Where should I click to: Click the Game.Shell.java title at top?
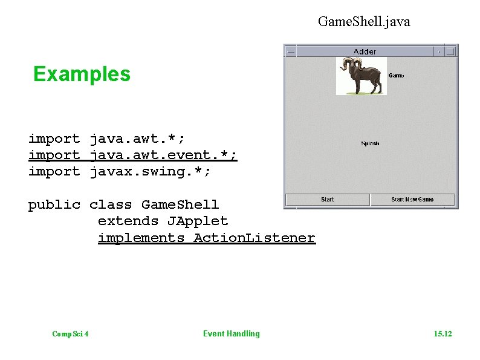(364, 22)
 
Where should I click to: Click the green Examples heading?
(82, 74)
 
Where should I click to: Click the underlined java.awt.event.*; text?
(163, 155)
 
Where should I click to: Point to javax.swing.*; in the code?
(150, 172)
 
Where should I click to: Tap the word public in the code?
(54, 205)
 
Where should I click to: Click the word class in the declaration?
(111, 205)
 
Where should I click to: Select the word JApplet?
(198, 221)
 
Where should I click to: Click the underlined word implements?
(141, 238)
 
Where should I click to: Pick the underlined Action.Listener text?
(254, 238)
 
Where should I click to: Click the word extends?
(128, 221)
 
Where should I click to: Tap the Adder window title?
(365, 51)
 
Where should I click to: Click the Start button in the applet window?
(327, 200)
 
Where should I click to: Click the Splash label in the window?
(370, 143)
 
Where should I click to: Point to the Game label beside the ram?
(396, 76)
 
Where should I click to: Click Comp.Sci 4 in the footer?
(71, 334)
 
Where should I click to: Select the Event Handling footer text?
(231, 333)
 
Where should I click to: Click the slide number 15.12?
(443, 334)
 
